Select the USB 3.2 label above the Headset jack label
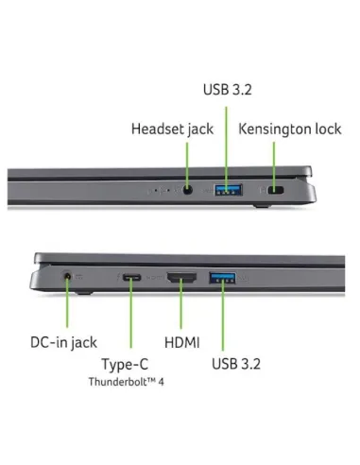click(227, 90)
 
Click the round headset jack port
click(187, 191)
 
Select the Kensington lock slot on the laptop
click(275, 191)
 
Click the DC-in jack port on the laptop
click(66, 276)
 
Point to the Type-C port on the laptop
click(130, 277)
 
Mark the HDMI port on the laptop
click(180, 277)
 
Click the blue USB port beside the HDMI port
click(223, 277)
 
